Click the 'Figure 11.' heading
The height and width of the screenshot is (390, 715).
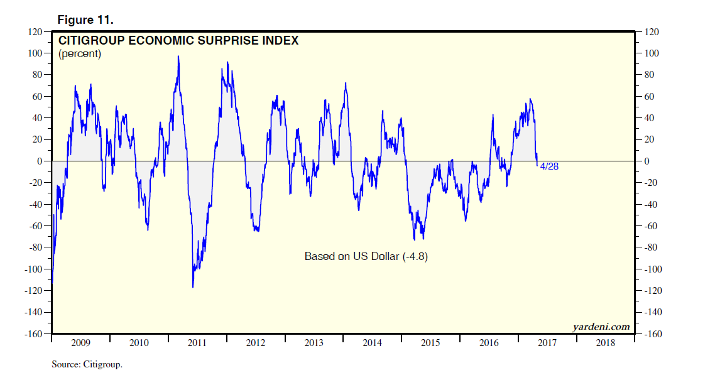85,20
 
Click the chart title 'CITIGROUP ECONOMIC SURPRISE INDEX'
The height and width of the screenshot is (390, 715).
178,41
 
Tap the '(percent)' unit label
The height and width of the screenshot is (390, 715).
80,54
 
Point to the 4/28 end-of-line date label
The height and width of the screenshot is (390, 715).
549,166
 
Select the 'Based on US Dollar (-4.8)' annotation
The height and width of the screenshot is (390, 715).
366,256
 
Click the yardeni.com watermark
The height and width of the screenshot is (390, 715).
601,327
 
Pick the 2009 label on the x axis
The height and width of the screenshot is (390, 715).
80,343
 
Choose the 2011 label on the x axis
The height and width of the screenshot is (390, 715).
197,343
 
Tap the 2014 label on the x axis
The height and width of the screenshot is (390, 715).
372,343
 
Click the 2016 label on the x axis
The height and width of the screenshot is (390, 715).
489,343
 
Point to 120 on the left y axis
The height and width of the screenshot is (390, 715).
35,32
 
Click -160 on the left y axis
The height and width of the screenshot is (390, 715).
33,334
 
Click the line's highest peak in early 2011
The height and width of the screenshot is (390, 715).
178,57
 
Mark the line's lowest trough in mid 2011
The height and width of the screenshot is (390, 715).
193,287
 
